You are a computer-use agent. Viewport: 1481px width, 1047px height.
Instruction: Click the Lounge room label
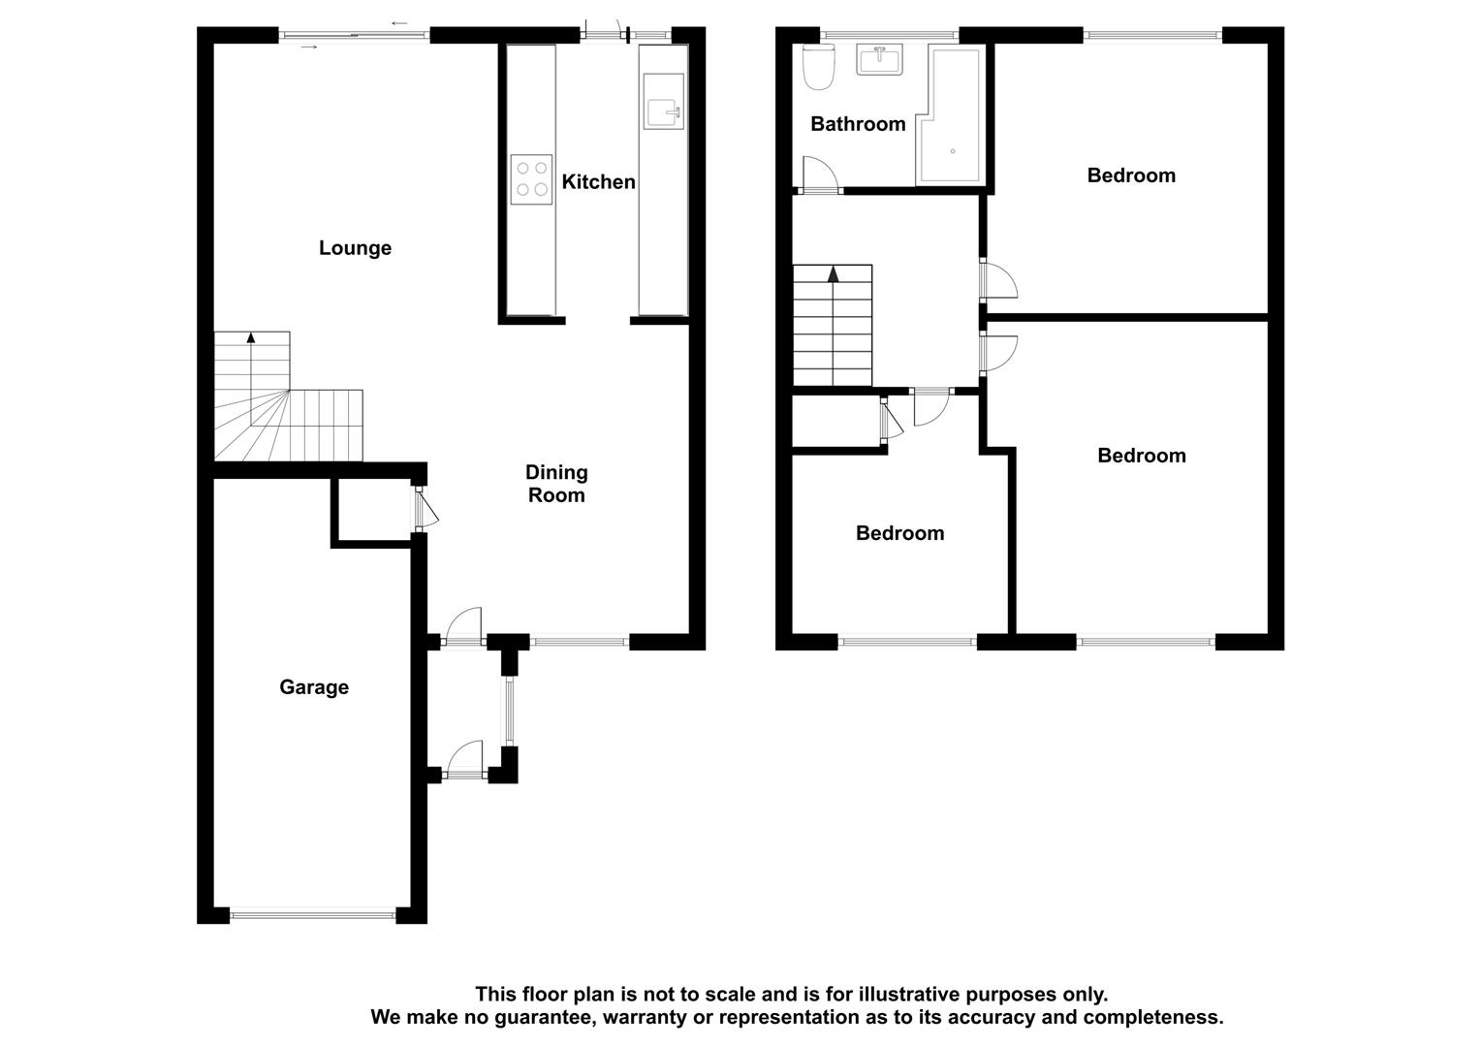355,248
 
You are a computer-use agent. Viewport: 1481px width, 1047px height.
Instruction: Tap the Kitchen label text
598,182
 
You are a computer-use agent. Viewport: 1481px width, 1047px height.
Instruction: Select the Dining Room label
555,484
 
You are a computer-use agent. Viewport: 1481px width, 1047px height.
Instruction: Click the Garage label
313,687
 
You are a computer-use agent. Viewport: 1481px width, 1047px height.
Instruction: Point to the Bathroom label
858,124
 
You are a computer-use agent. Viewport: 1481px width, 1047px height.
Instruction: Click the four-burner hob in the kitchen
531,179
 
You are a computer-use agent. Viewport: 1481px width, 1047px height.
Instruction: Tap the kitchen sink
664,112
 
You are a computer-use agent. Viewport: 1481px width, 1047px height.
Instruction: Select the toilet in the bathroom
820,67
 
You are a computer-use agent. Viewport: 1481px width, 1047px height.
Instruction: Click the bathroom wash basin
879,59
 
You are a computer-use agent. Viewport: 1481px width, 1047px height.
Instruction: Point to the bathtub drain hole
953,151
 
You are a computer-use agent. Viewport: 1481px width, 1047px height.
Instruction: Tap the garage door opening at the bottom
313,912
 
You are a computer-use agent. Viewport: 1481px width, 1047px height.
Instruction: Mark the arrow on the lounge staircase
251,338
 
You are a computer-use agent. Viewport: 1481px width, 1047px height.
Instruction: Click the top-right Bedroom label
1130,175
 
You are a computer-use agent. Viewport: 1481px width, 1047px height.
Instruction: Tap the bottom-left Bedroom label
899,533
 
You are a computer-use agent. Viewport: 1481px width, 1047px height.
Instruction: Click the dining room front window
580,641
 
